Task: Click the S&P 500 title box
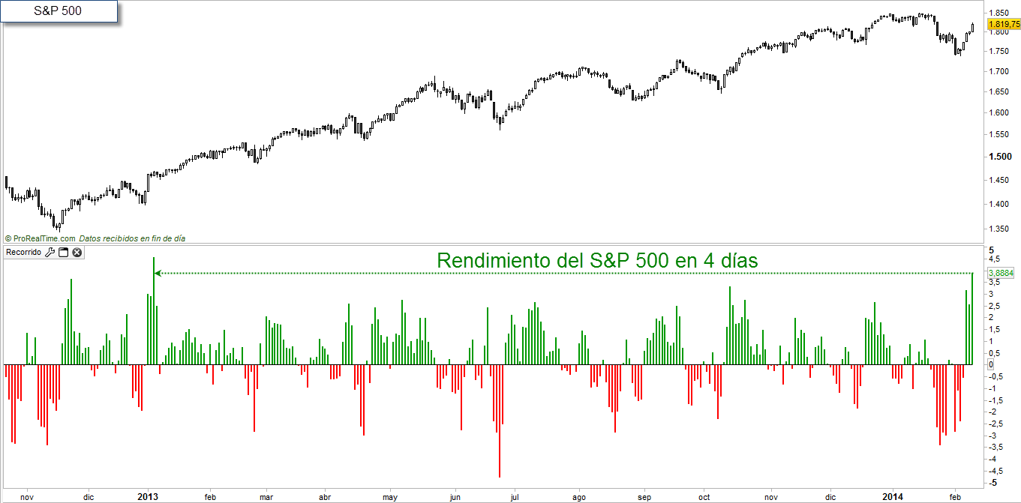coord(59,11)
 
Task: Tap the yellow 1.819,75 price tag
coord(1004,24)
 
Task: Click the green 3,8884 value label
coord(1001,273)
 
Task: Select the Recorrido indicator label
coord(24,252)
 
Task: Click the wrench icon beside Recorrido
coord(50,252)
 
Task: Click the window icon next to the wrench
coord(63,252)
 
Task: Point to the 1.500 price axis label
coord(1000,156)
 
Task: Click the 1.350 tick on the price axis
coord(998,229)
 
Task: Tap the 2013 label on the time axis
coord(148,496)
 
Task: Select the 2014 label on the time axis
coord(892,496)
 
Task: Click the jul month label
coord(515,497)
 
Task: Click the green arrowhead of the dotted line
coord(158,274)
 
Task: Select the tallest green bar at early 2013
coord(154,311)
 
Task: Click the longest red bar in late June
coord(500,421)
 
